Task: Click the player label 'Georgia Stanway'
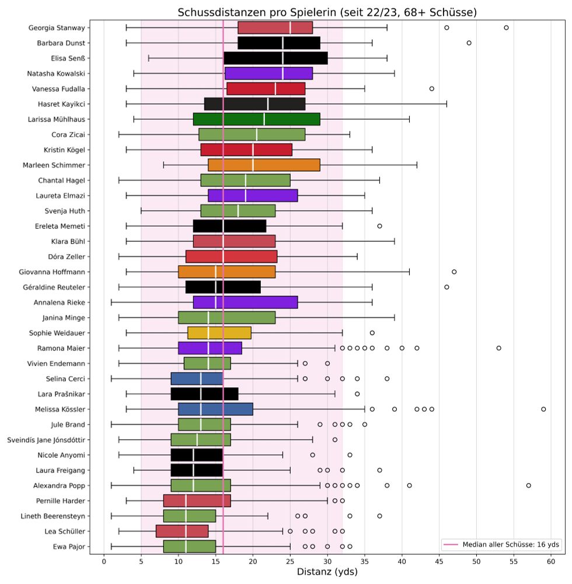[56, 27]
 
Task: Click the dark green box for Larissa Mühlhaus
[257, 119]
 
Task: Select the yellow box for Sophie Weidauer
[219, 333]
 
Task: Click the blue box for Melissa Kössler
[215, 409]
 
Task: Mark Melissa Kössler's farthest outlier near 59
[543, 409]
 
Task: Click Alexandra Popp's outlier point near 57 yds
[529, 485]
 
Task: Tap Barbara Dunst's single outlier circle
[469, 43]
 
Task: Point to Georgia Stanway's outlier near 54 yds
[506, 27]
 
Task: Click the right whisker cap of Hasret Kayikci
[447, 104]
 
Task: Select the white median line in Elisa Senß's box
[282, 58]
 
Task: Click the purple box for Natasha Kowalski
[268, 73]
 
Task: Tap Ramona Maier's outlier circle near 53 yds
[499, 348]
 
